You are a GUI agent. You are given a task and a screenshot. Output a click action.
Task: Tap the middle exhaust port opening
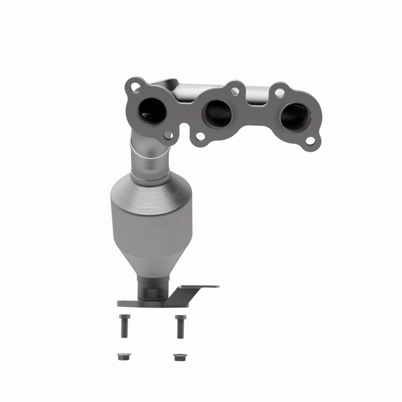[x=217, y=114]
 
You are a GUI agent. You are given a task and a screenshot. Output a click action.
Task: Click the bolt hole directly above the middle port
[x=235, y=91]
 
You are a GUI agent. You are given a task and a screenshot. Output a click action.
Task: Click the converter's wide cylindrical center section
[x=151, y=221]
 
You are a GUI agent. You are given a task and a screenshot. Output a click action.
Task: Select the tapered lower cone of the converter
[x=151, y=259]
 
